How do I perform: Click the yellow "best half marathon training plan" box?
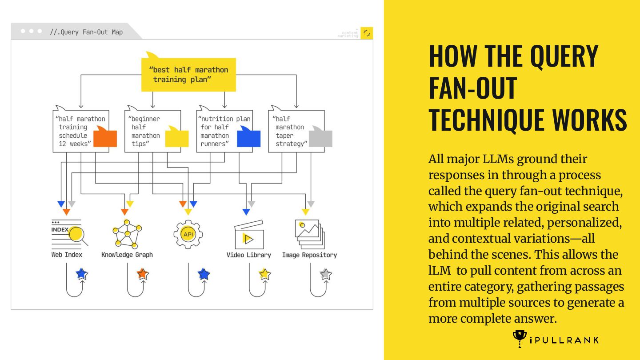coord(188,75)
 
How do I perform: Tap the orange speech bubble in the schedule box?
coord(105,137)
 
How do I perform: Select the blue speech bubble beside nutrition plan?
coord(248,137)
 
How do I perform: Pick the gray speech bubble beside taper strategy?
coord(320,137)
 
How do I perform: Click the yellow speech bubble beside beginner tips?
coord(177,137)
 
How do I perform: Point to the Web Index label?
coord(67,255)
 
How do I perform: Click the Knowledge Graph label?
coord(127,255)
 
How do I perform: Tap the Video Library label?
coord(248,255)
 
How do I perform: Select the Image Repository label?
coord(309,255)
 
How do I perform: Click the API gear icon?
coord(188,234)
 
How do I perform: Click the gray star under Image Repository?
coord(326,274)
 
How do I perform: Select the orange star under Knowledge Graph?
coord(142,274)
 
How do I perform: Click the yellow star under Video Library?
coord(265,274)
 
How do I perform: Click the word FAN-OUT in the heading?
coord(472,88)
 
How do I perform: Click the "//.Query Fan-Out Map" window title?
coord(86,32)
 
